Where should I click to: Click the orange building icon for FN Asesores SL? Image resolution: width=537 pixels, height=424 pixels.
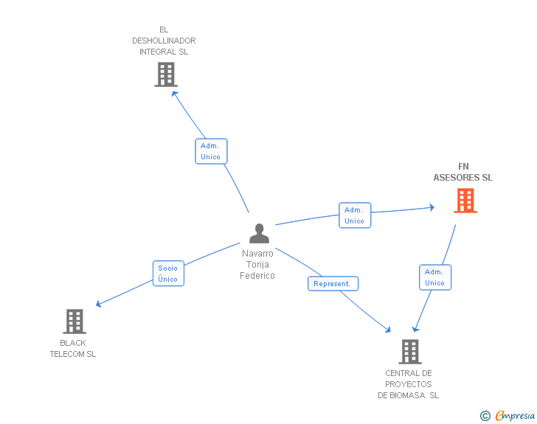click(x=465, y=201)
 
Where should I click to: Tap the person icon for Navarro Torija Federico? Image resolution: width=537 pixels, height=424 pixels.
click(x=259, y=233)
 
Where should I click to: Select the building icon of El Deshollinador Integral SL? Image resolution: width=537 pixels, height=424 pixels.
click(x=166, y=74)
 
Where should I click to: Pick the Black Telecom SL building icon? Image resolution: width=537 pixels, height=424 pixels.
click(x=75, y=322)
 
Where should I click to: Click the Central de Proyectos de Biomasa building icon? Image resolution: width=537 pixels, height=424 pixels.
click(x=409, y=352)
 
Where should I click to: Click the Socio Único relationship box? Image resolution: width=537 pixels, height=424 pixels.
click(x=168, y=274)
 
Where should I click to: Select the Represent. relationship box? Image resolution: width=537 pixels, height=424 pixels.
click(x=333, y=284)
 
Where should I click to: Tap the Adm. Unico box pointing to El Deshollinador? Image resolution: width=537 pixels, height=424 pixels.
click(x=211, y=151)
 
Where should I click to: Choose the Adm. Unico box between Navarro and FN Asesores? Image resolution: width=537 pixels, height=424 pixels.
click(x=355, y=215)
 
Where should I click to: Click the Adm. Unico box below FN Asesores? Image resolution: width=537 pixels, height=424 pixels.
click(x=434, y=277)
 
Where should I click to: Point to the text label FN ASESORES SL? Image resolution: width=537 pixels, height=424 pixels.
click(x=462, y=172)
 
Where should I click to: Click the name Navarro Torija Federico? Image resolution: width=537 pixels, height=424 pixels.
click(x=257, y=264)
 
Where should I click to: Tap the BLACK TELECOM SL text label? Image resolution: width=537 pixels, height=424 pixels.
click(x=73, y=348)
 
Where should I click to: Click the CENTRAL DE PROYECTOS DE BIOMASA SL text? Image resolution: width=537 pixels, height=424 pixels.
click(x=409, y=384)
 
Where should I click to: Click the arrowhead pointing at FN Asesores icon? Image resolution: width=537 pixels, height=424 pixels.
click(x=432, y=208)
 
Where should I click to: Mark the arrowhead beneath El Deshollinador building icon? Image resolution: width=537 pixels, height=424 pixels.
click(x=175, y=93)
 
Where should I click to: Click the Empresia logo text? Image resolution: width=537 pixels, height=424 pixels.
click(x=515, y=416)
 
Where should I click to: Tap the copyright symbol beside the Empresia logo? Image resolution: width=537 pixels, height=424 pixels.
click(x=485, y=417)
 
